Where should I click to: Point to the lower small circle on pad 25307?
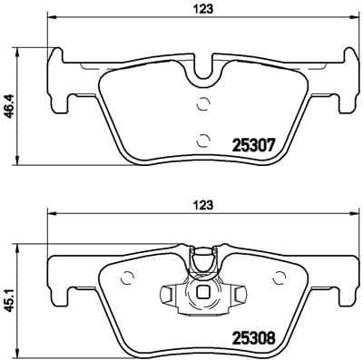[x=203, y=138]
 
